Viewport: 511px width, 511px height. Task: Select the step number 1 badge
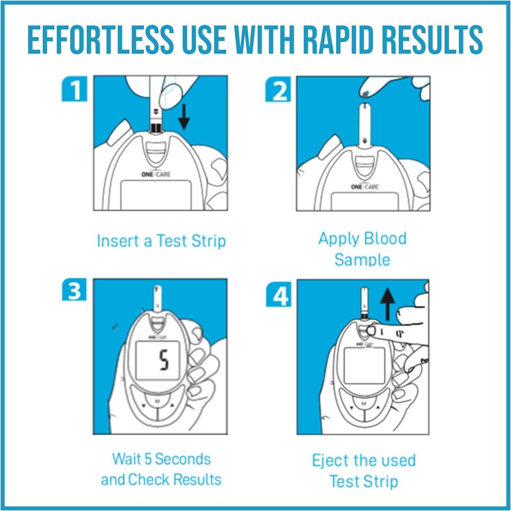[74, 89]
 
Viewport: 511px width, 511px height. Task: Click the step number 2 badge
[278, 89]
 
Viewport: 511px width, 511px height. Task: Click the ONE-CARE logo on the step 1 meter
[156, 174]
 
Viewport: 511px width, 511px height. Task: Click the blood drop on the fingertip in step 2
[366, 93]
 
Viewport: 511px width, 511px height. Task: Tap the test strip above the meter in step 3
[158, 299]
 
